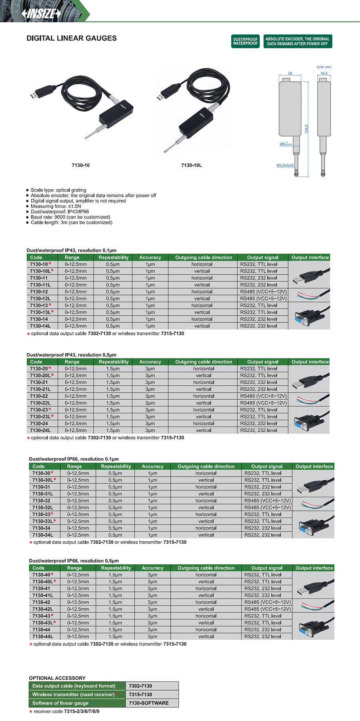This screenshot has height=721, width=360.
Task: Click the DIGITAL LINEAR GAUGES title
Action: click(x=72, y=38)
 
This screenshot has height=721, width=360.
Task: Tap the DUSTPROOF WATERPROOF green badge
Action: click(x=245, y=41)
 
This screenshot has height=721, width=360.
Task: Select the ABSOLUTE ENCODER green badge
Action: click(x=297, y=41)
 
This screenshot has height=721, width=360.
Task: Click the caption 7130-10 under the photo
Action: click(x=80, y=165)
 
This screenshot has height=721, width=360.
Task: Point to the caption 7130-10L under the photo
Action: click(x=191, y=165)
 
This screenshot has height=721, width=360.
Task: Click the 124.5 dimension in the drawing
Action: click(x=306, y=129)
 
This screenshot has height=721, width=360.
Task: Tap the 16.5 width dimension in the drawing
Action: click(x=324, y=73)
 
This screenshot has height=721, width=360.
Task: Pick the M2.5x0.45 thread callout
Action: click(x=285, y=165)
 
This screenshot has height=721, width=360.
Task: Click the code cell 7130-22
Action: click(x=39, y=396)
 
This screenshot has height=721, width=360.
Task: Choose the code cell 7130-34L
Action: click(x=43, y=535)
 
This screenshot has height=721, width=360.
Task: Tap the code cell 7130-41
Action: click(x=41, y=589)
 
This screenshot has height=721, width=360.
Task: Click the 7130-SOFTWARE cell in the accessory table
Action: click(x=148, y=703)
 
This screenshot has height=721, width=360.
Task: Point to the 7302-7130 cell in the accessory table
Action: click(x=140, y=686)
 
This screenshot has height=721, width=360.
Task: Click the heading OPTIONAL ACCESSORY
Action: click(x=57, y=678)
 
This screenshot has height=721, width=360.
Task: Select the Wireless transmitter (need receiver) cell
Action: click(x=74, y=695)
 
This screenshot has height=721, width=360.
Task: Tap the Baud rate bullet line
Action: click(x=70, y=217)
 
